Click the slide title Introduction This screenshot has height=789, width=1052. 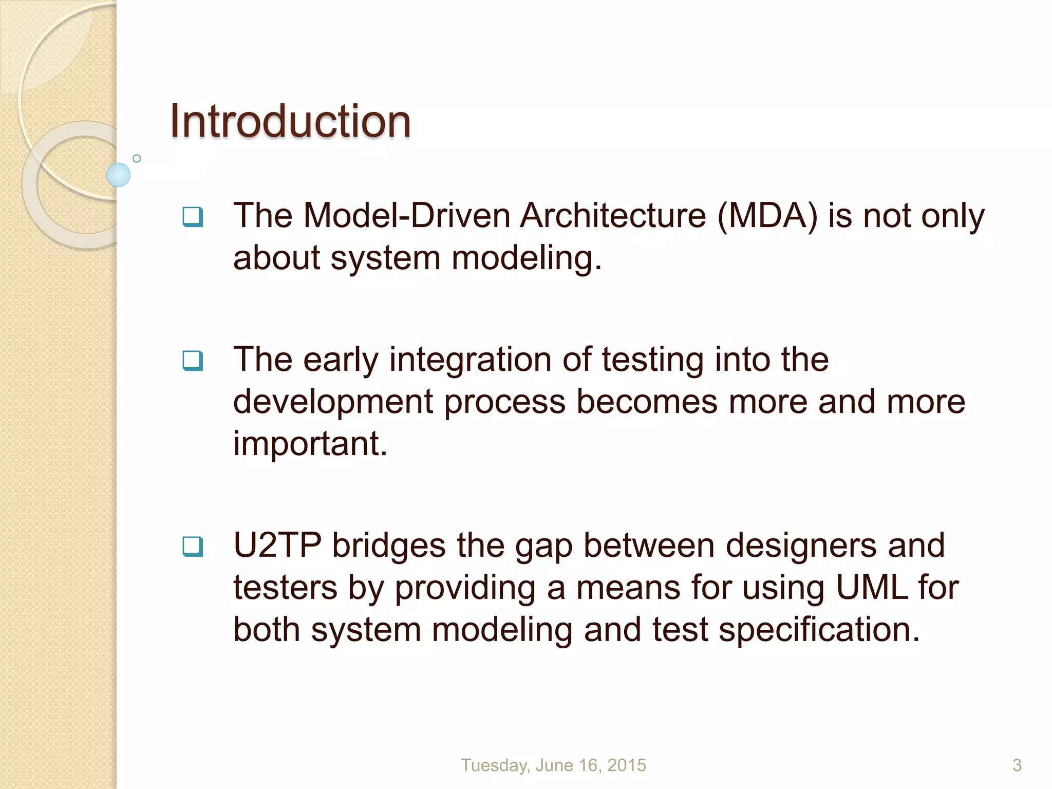pyautogui.click(x=290, y=121)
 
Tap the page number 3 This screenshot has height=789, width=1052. pyautogui.click(x=1017, y=765)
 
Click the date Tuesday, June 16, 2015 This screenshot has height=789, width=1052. pyautogui.click(x=553, y=765)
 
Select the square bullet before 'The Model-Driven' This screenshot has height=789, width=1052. pyautogui.click(x=193, y=217)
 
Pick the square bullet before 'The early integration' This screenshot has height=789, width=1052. pyautogui.click(x=193, y=361)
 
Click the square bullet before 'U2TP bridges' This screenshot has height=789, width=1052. pyautogui.click(x=193, y=547)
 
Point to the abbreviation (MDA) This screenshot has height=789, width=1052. pyautogui.click(x=767, y=216)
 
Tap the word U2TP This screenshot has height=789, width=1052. pyautogui.click(x=277, y=546)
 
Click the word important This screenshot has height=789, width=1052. pyautogui.click(x=310, y=444)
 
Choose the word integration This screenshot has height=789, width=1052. pyautogui.click(x=471, y=360)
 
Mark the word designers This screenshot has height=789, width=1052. pyautogui.click(x=801, y=546)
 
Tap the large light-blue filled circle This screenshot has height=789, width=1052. pyautogui.click(x=118, y=175)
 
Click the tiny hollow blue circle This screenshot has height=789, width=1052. pyautogui.click(x=137, y=158)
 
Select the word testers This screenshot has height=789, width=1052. pyautogui.click(x=285, y=588)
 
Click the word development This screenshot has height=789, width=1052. pyautogui.click(x=333, y=402)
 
